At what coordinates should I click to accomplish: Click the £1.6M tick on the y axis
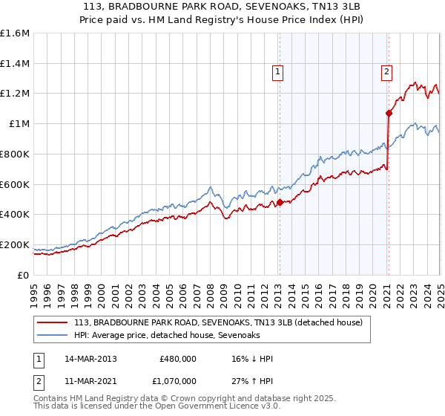(14, 33)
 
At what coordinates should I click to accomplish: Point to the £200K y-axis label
(14, 244)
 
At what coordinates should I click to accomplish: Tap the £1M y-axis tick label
(19, 123)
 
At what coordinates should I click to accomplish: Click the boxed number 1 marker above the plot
(277, 72)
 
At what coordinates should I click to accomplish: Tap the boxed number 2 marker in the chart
(387, 72)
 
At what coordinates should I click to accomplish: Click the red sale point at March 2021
(389, 113)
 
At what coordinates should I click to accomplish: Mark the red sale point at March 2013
(280, 202)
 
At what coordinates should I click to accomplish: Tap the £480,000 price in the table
(177, 358)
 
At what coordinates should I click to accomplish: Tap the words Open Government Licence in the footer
(203, 408)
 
